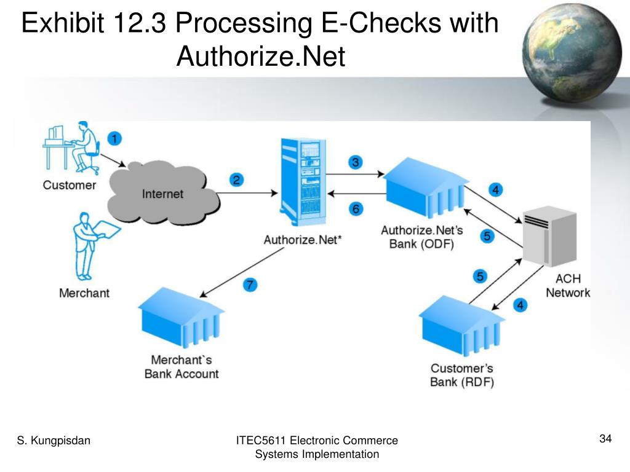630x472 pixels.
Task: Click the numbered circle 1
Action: (114, 138)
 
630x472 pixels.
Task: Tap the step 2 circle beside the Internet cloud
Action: (236, 180)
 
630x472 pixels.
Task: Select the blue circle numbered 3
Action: (355, 162)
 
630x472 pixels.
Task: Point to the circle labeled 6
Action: (356, 209)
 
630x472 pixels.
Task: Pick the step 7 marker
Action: (249, 285)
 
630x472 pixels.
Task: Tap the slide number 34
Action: (605, 439)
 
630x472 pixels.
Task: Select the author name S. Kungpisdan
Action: (54, 440)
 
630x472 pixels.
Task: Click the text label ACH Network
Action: (567, 286)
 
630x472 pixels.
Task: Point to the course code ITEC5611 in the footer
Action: (261, 440)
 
